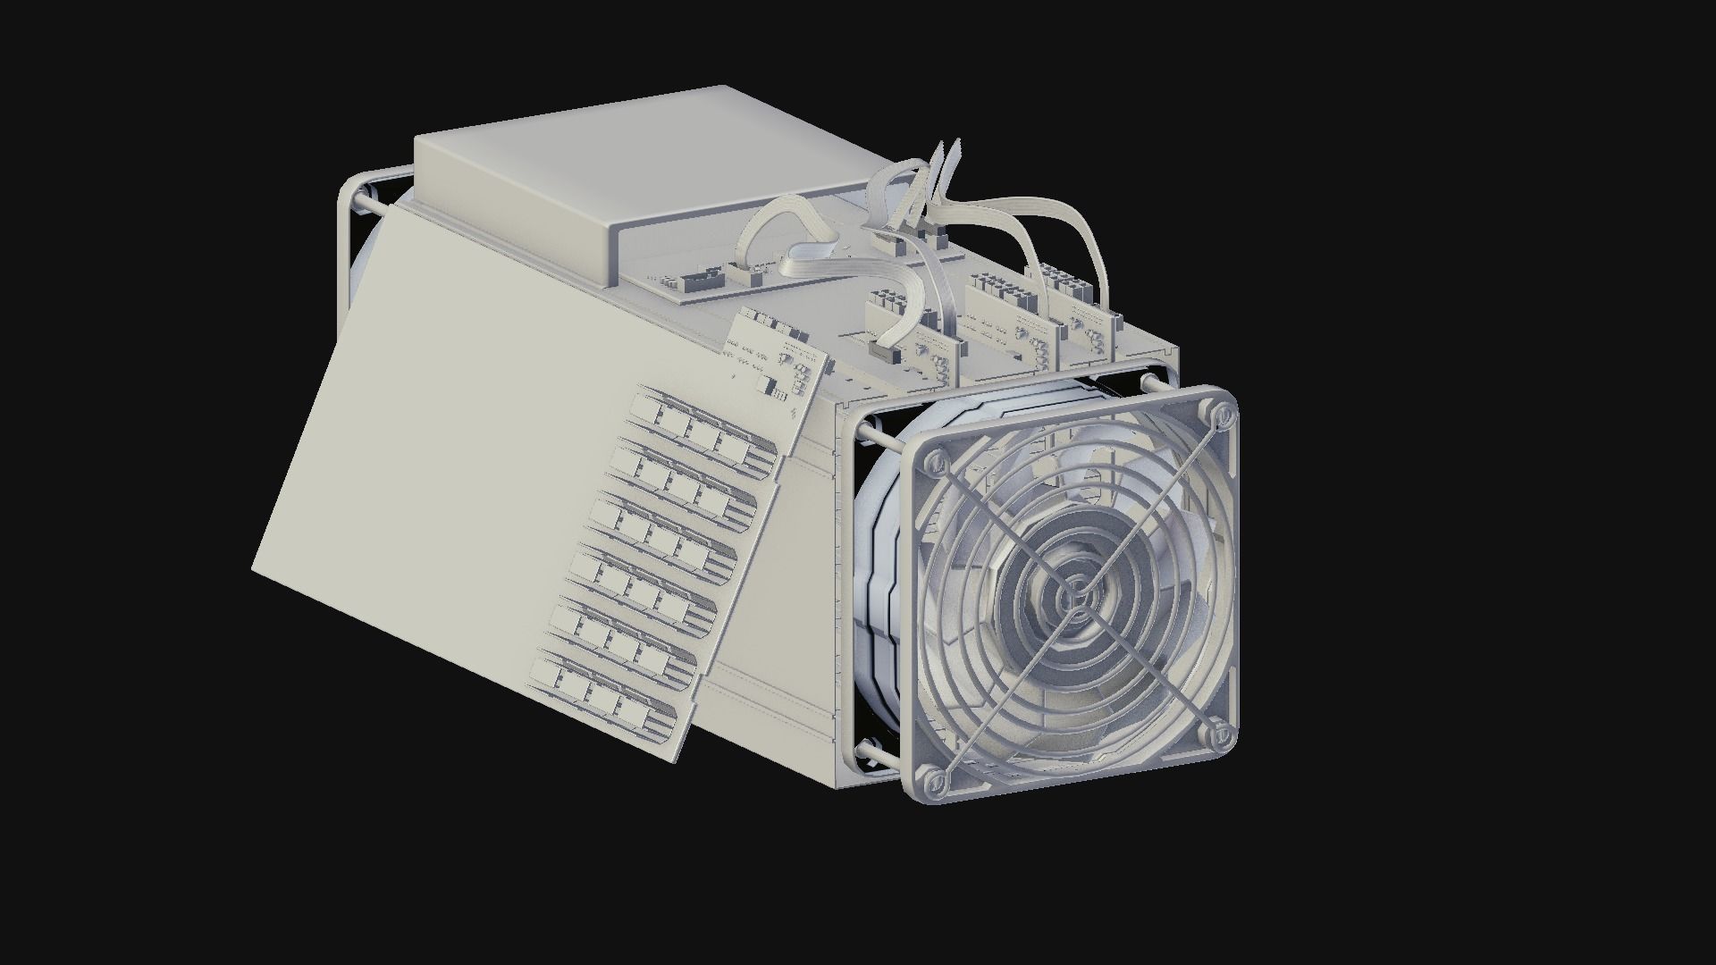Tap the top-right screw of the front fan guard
tap(1221, 413)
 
